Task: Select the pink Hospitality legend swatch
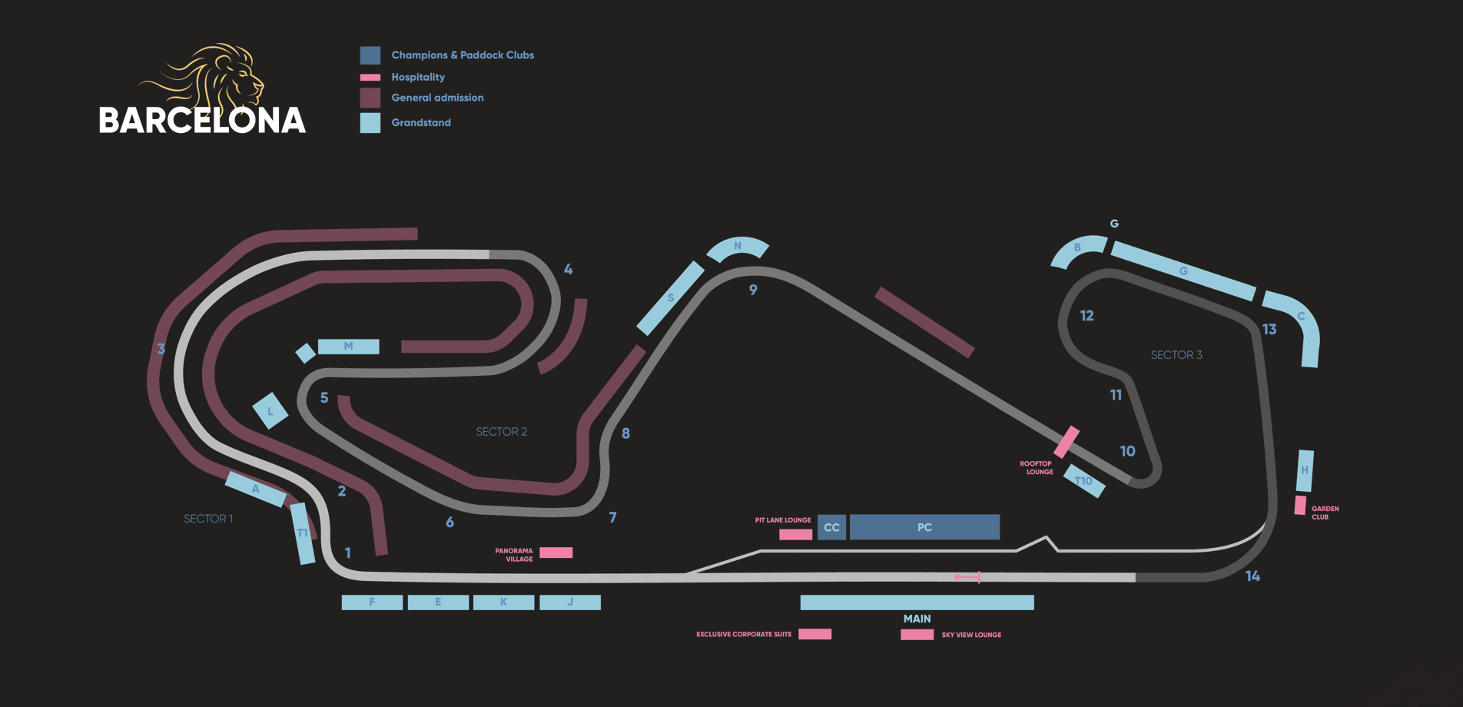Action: pos(370,78)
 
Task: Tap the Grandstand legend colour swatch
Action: pos(370,123)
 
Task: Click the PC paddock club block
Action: pos(924,527)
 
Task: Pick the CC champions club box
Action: pos(831,527)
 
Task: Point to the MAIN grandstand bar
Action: pos(917,602)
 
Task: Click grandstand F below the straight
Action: pos(372,602)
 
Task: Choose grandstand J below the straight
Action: pos(570,602)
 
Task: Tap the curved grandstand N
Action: pos(738,247)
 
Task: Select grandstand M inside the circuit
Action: pos(348,347)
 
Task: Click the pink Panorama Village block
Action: pos(556,553)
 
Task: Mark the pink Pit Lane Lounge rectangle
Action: pos(795,534)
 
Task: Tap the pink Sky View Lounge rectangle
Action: pos(917,635)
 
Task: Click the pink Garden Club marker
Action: pos(1300,505)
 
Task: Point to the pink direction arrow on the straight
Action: pos(967,577)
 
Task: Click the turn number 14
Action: pos(1252,576)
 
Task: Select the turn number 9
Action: pos(753,290)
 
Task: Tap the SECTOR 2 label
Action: pos(502,432)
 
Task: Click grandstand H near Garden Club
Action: pos(1305,470)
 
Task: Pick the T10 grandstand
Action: pos(1084,481)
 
